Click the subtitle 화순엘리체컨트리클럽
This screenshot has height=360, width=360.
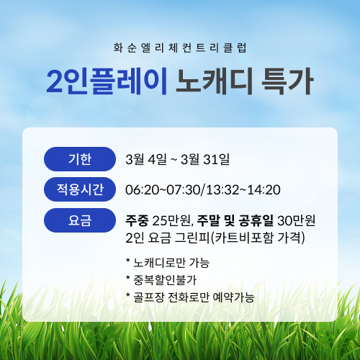180,48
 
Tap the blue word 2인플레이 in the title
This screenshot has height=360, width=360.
107,81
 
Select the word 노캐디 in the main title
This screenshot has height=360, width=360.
215,81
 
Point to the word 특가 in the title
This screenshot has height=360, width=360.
287,81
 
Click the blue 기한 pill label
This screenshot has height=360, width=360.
80,159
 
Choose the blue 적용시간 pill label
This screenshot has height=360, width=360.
80,189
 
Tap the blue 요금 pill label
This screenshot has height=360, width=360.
80,220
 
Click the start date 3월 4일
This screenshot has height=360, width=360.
146,159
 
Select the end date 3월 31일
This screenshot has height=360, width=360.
205,159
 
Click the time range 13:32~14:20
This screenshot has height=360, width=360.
243,189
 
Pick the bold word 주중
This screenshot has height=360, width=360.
137,220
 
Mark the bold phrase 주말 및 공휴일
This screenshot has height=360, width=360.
235,220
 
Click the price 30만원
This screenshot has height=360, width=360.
297,220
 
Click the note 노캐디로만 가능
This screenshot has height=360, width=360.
171,263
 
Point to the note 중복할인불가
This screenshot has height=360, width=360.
165,280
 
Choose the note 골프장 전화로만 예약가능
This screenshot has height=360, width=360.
194,297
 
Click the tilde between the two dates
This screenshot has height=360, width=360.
174,159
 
